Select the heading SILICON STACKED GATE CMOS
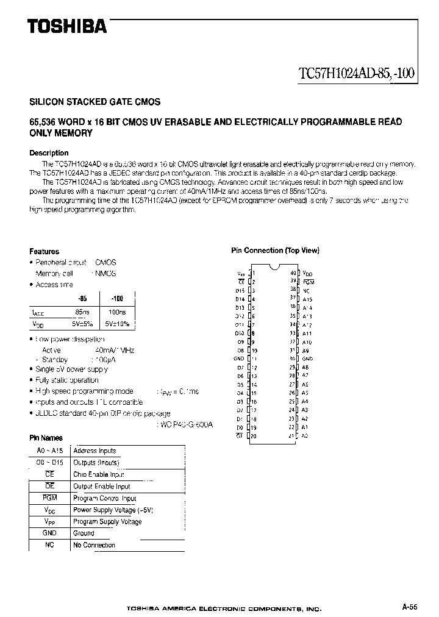pos(95,102)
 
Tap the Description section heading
pos(49,153)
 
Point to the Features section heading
pos(45,251)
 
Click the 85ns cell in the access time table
pos(82,312)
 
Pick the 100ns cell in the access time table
pos(117,312)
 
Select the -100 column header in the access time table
pos(117,299)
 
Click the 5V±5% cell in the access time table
pos(82,324)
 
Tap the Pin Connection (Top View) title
pos(275,251)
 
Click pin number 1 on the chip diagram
pos(254,273)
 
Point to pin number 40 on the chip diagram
pos(293,273)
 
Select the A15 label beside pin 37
pos(307,299)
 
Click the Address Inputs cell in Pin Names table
pos(95,451)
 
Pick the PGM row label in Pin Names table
pos(50,498)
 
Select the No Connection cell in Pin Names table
pos(94,545)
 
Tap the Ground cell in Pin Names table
pos(84,533)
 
